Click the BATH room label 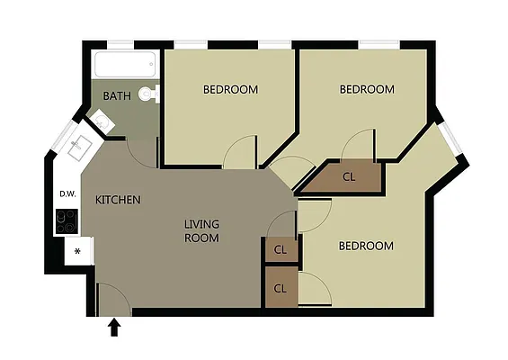pyautogui.click(x=117, y=95)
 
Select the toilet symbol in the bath pyautogui.click(x=149, y=92)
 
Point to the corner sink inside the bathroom pyautogui.click(x=101, y=123)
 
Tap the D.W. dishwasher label pyautogui.click(x=67, y=193)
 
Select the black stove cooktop pyautogui.click(x=67, y=220)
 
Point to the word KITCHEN pyautogui.click(x=118, y=199)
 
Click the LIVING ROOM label pyautogui.click(x=201, y=231)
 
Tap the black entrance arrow pyautogui.click(x=114, y=327)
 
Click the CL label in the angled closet pyautogui.click(x=349, y=177)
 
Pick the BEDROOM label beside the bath pyautogui.click(x=230, y=89)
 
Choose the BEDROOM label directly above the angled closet pyautogui.click(x=367, y=89)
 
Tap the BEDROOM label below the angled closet pyautogui.click(x=366, y=246)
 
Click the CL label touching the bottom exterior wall pyautogui.click(x=280, y=289)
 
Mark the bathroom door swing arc pyautogui.click(x=142, y=149)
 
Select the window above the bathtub pyautogui.click(x=120, y=43)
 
